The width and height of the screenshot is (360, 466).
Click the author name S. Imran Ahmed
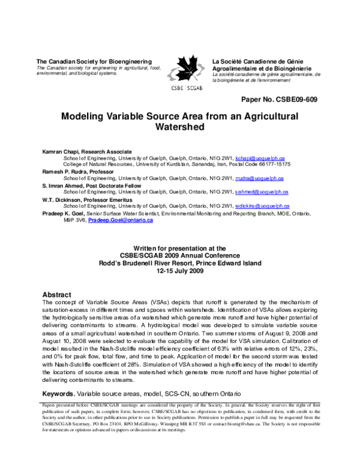[x=62, y=186]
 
